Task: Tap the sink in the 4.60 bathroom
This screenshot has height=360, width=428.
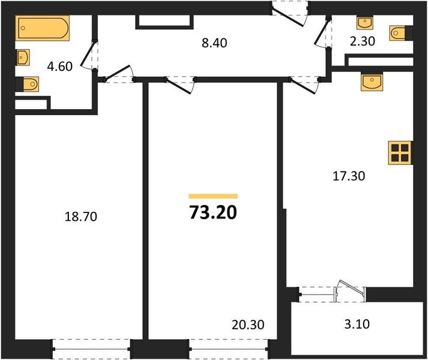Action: (x=22, y=57)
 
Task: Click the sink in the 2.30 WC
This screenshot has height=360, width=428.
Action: (x=365, y=23)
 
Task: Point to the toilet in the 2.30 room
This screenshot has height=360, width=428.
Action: (x=400, y=32)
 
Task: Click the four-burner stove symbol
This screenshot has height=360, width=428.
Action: (x=400, y=153)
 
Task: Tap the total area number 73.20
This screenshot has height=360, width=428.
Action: (x=213, y=212)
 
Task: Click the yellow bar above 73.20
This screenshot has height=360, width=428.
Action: (x=213, y=196)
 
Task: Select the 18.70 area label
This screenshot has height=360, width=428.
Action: (x=80, y=217)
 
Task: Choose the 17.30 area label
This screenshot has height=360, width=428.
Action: (x=349, y=176)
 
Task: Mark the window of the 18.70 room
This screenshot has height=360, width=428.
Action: (x=91, y=346)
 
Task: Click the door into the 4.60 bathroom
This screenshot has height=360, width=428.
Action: (x=91, y=56)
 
